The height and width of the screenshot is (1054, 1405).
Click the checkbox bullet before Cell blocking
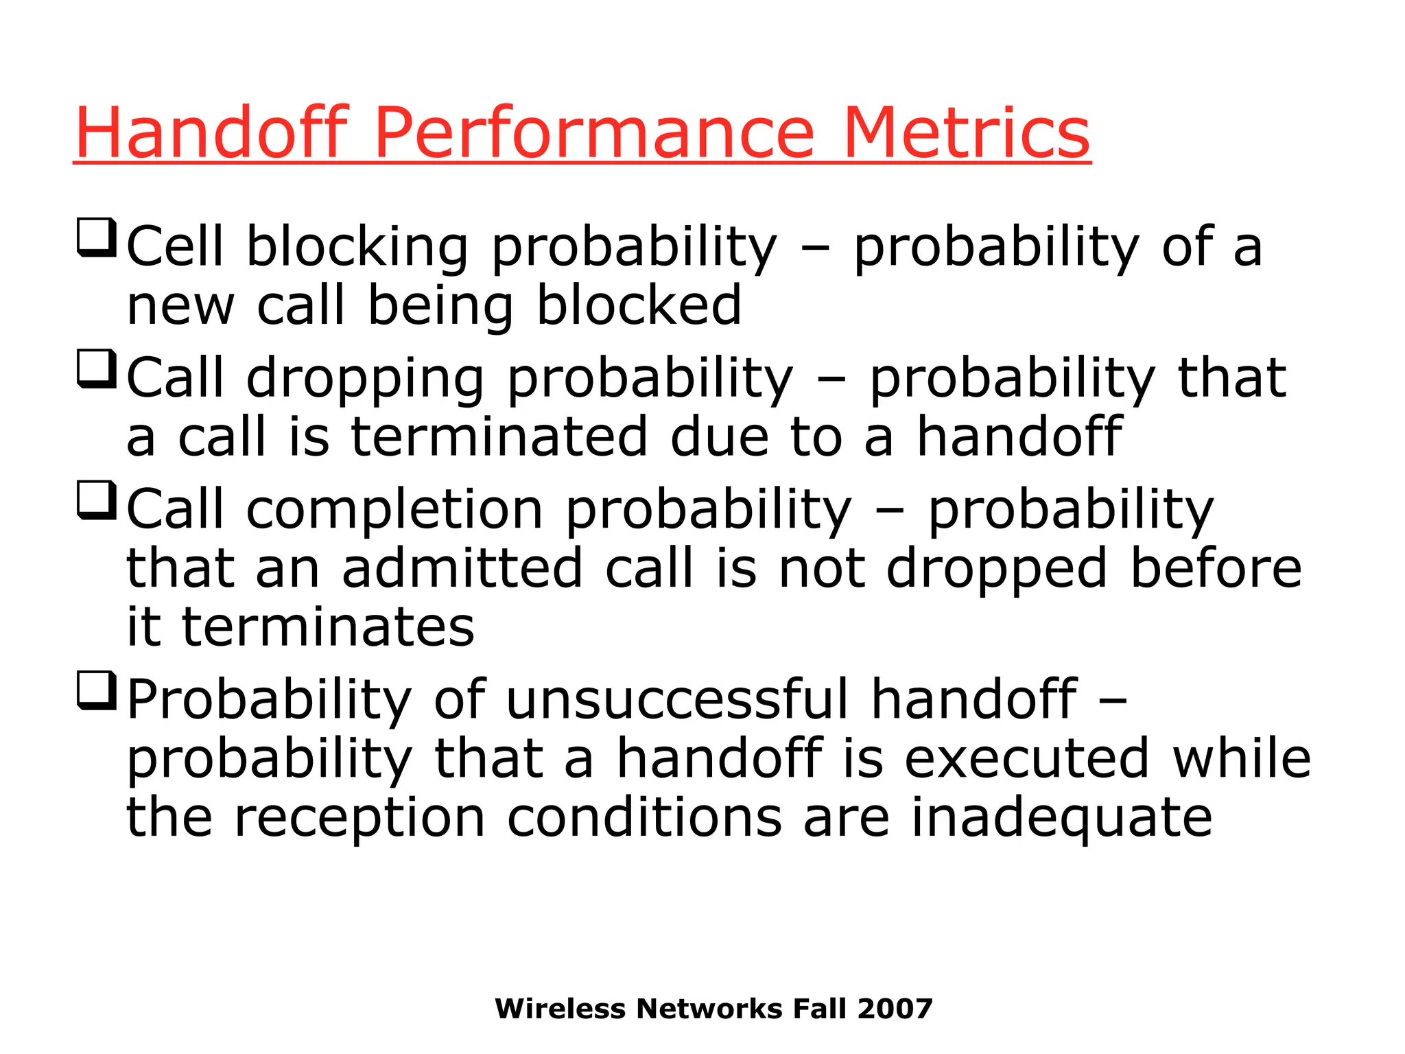coord(96,237)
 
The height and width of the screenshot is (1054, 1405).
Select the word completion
coord(394,511)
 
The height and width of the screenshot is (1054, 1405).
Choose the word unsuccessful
coord(677,699)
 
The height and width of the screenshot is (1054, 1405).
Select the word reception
coord(359,819)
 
